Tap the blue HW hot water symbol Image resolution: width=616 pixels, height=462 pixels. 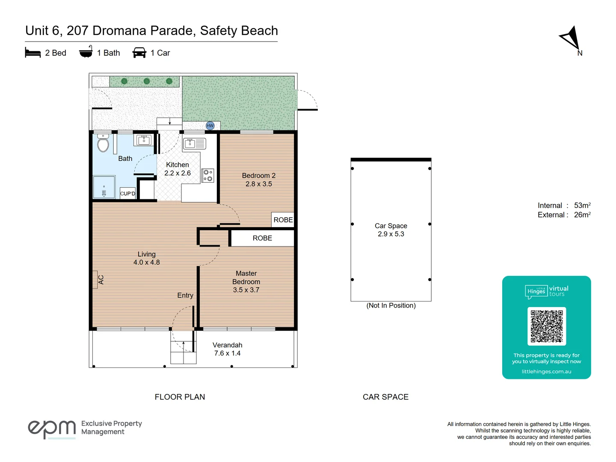[210, 125]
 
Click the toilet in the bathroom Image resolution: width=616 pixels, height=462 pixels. [103, 144]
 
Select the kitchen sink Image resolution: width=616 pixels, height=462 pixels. [194, 143]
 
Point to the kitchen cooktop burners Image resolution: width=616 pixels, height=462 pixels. [207, 175]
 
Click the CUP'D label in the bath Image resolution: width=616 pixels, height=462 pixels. [127, 193]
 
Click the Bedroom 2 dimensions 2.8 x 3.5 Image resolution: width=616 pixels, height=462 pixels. [258, 184]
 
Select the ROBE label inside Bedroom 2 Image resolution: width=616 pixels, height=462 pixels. [283, 220]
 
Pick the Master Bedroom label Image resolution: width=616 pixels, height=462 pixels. [246, 278]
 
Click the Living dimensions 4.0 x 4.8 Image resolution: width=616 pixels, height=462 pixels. [146, 262]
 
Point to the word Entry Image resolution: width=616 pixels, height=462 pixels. [185, 295]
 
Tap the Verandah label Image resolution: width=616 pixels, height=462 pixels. [227, 345]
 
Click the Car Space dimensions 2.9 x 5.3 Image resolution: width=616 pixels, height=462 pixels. [391, 234]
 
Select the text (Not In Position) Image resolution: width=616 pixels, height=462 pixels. [391, 305]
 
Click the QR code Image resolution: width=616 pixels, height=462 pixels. [546, 326]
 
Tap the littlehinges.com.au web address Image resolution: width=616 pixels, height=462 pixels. [546, 371]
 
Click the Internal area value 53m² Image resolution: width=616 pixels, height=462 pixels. [582, 205]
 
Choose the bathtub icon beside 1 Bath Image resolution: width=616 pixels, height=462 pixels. [86, 52]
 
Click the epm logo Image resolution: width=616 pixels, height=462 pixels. [51, 428]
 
